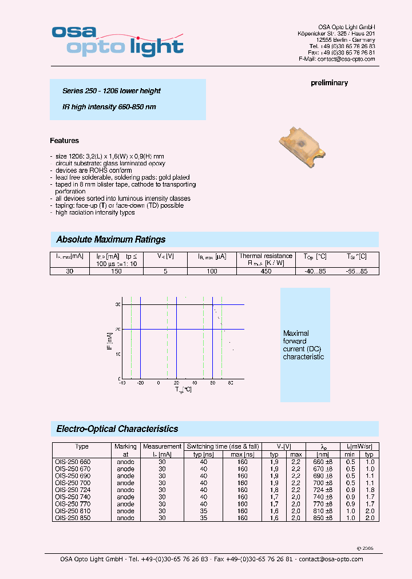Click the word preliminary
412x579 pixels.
point(329,83)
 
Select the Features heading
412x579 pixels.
point(64,141)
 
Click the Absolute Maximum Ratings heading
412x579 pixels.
point(110,240)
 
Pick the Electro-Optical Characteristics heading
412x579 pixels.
point(117,429)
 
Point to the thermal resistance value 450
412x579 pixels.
point(266,271)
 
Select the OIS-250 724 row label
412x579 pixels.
point(72,490)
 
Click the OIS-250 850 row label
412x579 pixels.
point(72,518)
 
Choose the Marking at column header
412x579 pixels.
point(125,450)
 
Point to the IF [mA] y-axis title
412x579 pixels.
point(110,342)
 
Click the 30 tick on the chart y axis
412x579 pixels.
point(117,305)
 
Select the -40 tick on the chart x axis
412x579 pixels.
point(122,384)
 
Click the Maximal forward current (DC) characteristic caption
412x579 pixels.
point(303,345)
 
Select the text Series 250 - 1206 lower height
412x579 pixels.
point(111,91)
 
